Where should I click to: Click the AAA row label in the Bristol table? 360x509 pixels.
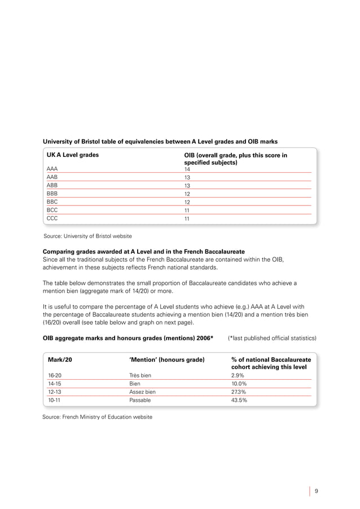tap(52, 169)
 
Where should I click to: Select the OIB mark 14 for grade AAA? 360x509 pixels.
tap(187, 169)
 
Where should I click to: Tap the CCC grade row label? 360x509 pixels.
tap(52, 217)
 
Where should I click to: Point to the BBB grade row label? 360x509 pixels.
tap(52, 193)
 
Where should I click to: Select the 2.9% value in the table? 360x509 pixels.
tap(239, 375)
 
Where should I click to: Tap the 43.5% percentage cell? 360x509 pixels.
tap(240, 400)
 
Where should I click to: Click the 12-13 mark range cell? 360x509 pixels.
tap(54, 391)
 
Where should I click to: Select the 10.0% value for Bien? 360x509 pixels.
tap(240, 383)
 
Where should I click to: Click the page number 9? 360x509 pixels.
tap(317, 490)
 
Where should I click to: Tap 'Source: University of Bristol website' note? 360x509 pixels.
tap(88, 235)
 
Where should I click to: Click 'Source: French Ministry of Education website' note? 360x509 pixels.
tap(97, 417)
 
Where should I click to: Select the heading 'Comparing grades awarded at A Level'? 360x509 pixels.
tap(140, 251)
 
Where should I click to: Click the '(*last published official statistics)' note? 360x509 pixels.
tap(272, 338)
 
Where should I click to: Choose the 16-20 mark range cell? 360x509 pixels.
tap(54, 375)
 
